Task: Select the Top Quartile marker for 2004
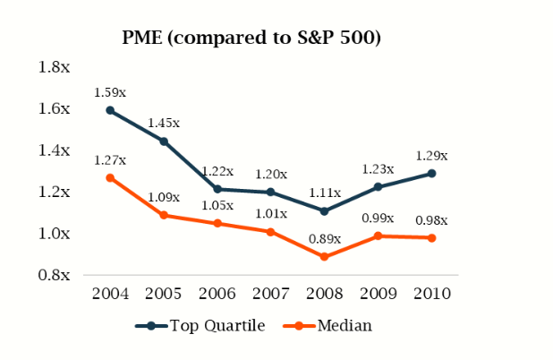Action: coord(110,110)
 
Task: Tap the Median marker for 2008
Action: coord(325,257)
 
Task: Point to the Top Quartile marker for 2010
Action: coord(431,173)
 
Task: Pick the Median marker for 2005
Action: coord(164,215)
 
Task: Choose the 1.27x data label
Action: coord(110,160)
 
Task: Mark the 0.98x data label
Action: coord(431,220)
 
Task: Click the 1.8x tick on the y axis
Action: coord(55,67)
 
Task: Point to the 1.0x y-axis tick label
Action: coord(55,234)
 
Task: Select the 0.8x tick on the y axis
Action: coord(55,275)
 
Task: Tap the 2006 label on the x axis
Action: coord(217,294)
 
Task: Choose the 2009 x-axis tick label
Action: coord(378,294)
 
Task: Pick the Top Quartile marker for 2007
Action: coord(271,192)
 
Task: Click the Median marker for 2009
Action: coord(378,236)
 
